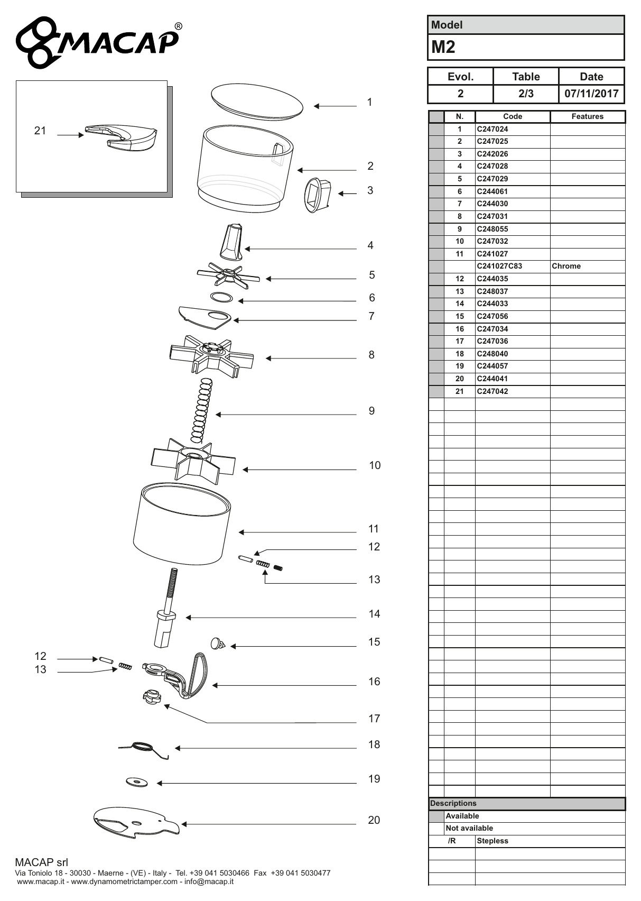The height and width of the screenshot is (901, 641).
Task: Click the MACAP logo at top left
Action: (98, 42)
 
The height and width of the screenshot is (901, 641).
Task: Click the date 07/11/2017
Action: (591, 94)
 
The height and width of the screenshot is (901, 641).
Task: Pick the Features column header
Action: (587, 117)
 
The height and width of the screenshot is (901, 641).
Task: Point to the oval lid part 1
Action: (257, 102)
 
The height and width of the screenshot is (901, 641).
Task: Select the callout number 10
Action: (375, 465)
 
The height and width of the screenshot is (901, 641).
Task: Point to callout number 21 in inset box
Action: (40, 131)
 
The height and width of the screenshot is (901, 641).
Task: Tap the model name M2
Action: (443, 47)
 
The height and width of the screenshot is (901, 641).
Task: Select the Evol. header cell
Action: (461, 77)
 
